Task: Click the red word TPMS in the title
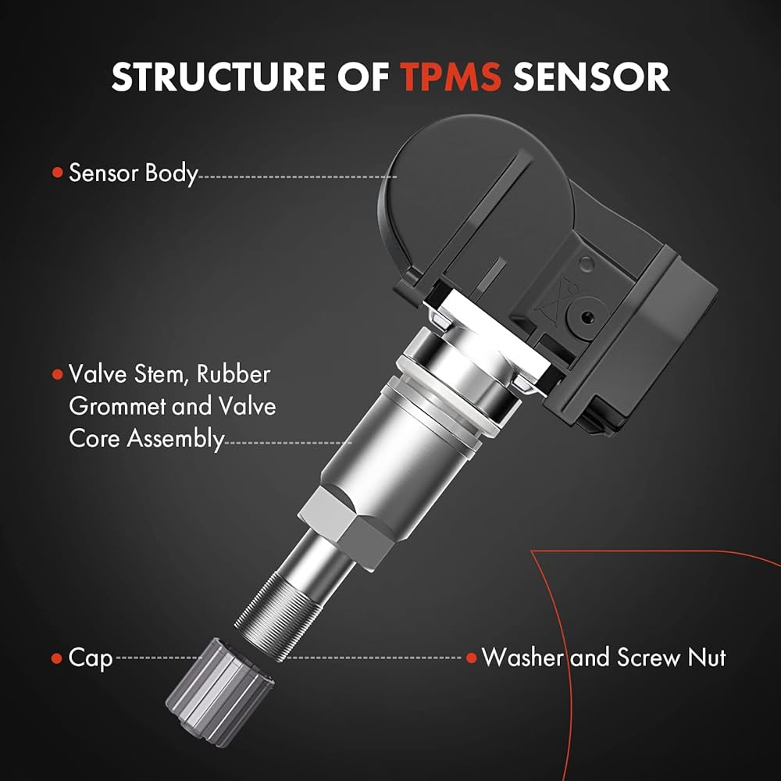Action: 451,77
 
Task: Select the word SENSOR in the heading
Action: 591,77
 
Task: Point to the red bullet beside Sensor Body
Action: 58,173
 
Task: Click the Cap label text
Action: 90,658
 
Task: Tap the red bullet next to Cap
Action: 56,658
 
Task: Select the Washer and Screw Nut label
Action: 603,658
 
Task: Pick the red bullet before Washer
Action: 472,658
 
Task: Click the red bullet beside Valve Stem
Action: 58,374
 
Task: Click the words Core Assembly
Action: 147,439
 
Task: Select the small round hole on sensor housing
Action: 587,263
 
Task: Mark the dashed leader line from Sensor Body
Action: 298,177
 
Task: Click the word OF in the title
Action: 363,77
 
